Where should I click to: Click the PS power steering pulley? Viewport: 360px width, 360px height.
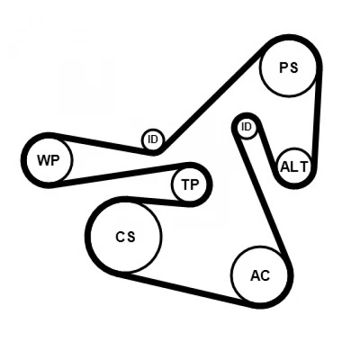tap(289, 68)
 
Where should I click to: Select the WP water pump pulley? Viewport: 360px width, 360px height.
tap(49, 160)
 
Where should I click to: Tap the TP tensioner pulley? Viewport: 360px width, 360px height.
tap(190, 184)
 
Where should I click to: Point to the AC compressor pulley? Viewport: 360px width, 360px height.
tap(260, 275)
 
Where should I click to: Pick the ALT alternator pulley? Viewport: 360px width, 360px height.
tap(294, 166)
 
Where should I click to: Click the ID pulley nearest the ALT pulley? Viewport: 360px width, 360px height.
tap(247, 127)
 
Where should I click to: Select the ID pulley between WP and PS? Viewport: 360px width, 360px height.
tap(153, 139)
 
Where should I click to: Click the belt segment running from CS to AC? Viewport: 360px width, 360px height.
tap(186, 291)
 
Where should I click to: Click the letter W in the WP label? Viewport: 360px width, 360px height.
tap(42, 160)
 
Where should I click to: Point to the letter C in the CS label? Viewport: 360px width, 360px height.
tap(120, 238)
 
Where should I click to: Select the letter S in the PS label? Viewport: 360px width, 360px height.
tap(294, 67)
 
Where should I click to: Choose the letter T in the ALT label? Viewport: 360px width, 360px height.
tap(304, 166)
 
